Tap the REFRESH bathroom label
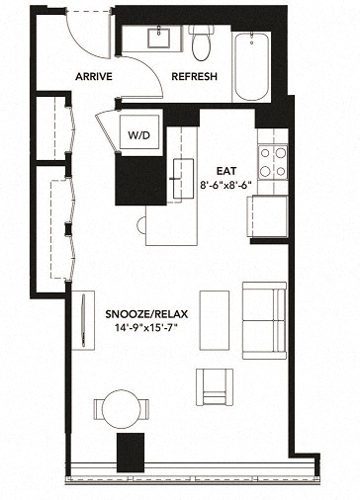tap(194, 77)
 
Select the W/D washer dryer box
tap(137, 132)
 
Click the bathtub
tap(255, 65)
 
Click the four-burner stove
tap(272, 161)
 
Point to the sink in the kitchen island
tap(183, 178)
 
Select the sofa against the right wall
tap(264, 319)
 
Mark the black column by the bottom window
tap(131, 453)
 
